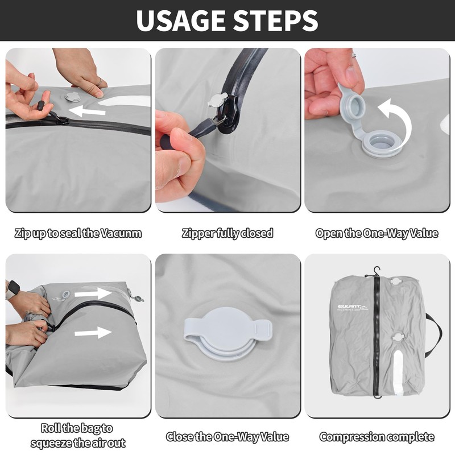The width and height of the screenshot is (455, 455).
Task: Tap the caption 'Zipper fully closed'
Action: pos(227,233)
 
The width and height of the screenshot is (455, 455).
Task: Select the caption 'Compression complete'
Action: pos(377,437)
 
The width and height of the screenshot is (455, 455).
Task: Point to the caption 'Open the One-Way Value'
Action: pos(377,233)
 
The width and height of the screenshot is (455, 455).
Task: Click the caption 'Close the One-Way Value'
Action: pos(227,437)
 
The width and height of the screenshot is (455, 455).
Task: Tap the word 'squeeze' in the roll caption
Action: pos(51,444)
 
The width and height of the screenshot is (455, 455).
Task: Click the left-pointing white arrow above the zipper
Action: pos(87,111)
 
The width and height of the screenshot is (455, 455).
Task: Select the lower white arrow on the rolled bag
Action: pos(93,333)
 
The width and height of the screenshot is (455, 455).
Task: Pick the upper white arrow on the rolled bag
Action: pos(93,293)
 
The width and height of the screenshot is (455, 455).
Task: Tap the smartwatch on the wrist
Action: pos(13,289)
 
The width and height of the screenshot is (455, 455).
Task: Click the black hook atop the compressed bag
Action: pos(377,272)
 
